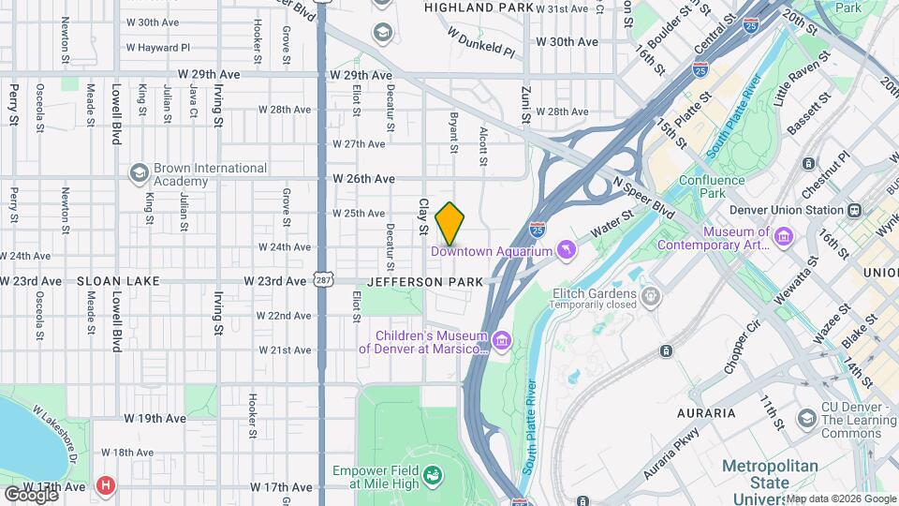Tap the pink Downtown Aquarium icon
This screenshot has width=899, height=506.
(x=566, y=249)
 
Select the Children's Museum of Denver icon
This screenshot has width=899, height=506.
(x=503, y=339)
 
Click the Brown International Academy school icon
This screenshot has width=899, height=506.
(x=139, y=173)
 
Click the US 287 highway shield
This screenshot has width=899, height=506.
(x=322, y=279)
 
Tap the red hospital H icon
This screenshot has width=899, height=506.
(x=106, y=486)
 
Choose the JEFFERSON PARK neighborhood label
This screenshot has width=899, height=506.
(x=425, y=281)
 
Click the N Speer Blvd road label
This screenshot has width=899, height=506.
(x=643, y=199)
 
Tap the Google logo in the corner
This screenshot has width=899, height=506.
(x=32, y=493)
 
